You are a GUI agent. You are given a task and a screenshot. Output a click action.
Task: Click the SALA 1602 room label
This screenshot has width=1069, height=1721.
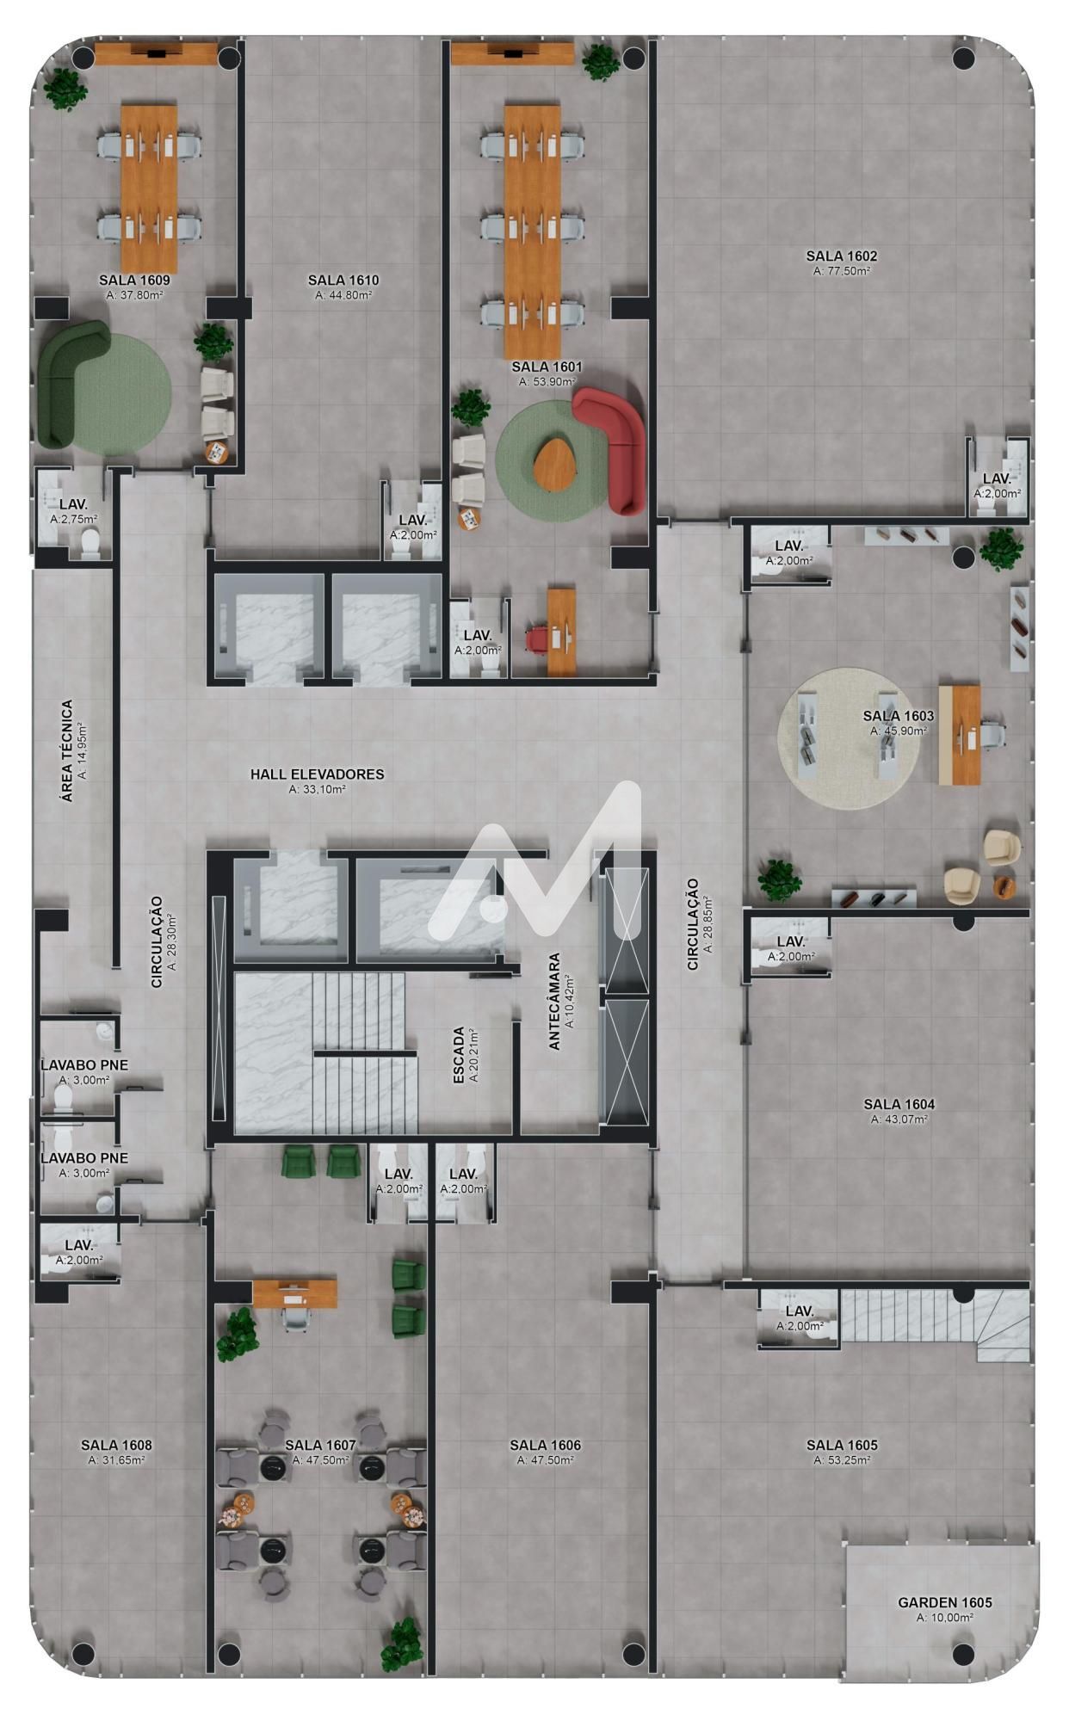841,256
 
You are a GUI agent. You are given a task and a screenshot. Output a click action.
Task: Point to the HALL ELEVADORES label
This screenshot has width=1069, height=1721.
317,774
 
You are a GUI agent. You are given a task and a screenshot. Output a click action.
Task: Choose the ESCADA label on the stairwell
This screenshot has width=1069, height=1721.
460,1055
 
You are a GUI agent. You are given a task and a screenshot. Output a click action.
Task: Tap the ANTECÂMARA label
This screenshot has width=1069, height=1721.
555,1001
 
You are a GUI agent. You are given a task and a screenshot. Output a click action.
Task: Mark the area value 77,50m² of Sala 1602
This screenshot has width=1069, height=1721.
841,271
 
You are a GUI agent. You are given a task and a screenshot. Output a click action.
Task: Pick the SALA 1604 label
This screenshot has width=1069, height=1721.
899,1104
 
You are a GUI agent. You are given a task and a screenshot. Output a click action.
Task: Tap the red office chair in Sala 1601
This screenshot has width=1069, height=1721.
538,638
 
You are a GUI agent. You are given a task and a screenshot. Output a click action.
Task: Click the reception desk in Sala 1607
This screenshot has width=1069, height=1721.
294,1292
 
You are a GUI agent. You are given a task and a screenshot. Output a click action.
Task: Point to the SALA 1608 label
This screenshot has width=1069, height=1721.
116,1445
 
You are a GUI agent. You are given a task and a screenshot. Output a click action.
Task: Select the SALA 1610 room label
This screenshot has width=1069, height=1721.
343,280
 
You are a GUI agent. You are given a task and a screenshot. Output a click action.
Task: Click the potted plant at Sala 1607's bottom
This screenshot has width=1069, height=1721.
402,1642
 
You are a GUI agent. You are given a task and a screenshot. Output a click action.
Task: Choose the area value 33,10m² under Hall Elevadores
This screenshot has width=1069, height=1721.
317,789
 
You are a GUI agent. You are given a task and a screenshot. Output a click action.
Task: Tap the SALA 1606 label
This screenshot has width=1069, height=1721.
545,1445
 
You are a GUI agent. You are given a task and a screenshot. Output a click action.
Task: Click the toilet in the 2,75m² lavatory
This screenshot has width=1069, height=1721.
90,544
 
